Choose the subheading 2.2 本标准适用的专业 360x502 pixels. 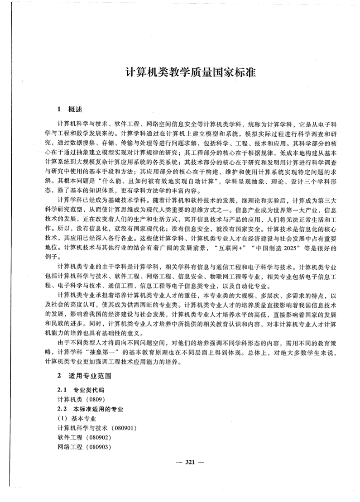pyautogui.click(x=91, y=409)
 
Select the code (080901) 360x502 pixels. pyautogui.click(x=121, y=428)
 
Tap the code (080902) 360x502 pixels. pyautogui.click(x=96, y=438)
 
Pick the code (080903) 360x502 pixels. pyautogui.click(x=96, y=447)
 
